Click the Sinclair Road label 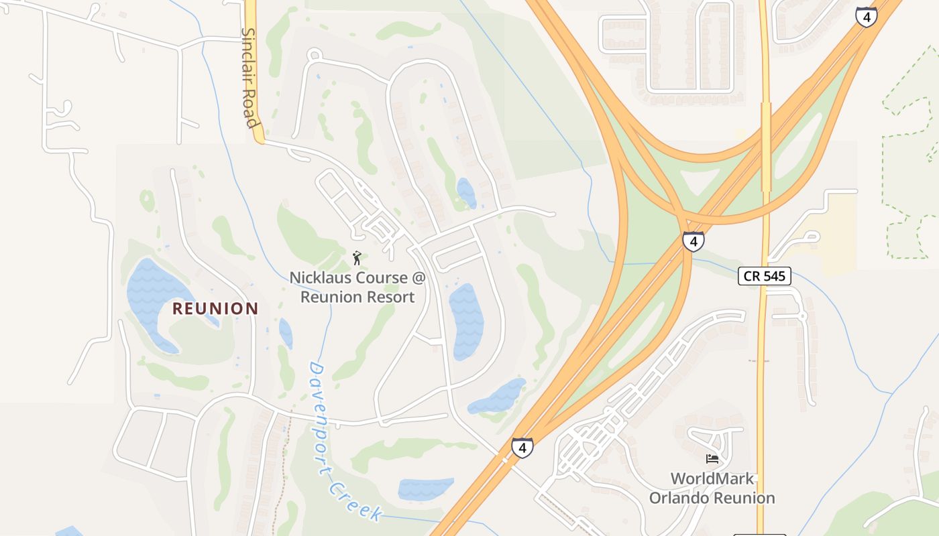[250, 77]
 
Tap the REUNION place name [215, 308]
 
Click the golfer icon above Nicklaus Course [357, 258]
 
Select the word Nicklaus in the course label [319, 277]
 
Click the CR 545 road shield [765, 275]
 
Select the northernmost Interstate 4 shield [866, 17]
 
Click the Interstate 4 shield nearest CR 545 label [693, 241]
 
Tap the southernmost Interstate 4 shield [522, 448]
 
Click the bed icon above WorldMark [712, 459]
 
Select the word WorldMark [712, 479]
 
